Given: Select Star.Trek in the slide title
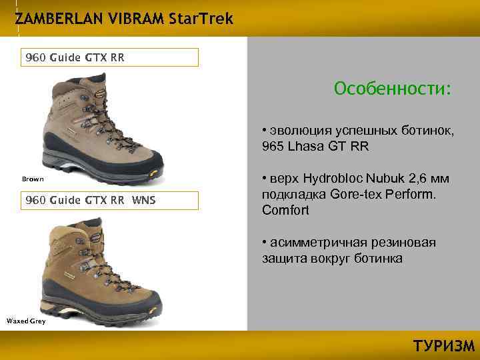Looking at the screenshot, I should pyautogui.click(x=201, y=19).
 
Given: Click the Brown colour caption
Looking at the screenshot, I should pyautogui.click(x=33, y=179).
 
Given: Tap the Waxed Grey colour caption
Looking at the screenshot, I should pyautogui.click(x=25, y=321).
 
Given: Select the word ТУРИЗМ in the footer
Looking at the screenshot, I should pyautogui.click(x=443, y=346).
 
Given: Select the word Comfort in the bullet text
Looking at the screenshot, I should pyautogui.click(x=286, y=211).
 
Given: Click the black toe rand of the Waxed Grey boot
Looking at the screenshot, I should pyautogui.click(x=150, y=299).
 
